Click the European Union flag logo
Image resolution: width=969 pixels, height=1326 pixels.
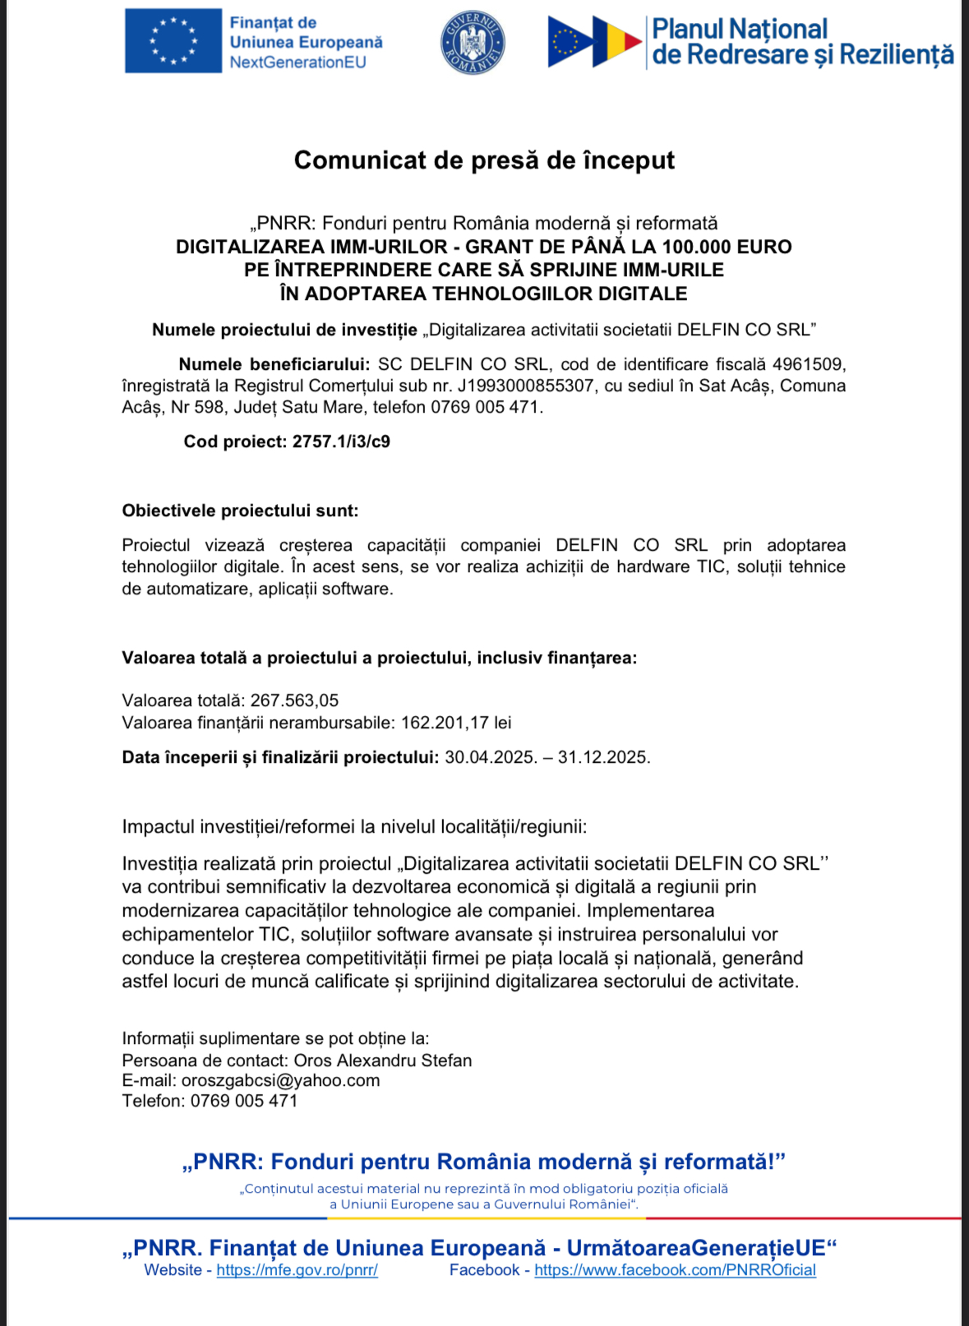point(173,41)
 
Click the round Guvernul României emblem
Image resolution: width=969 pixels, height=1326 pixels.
point(473,42)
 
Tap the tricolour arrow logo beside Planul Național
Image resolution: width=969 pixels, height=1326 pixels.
point(594,41)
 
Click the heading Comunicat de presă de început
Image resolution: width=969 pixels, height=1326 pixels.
point(484,159)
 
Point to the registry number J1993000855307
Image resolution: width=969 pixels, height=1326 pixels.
point(525,386)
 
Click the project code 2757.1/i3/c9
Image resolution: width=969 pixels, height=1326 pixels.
point(341,441)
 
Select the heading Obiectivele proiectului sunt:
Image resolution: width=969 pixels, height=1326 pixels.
point(240,511)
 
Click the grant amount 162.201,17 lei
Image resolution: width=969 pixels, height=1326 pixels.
point(456,723)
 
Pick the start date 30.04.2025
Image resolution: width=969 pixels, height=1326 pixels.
point(491,757)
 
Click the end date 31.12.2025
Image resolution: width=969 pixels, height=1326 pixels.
point(603,757)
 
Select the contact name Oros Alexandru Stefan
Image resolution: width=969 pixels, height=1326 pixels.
point(383,1060)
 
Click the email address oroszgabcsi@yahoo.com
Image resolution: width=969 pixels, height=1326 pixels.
point(280,1080)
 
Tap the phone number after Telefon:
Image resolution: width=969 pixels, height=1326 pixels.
point(244,1101)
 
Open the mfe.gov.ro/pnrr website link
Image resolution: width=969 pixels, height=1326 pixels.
point(297,1270)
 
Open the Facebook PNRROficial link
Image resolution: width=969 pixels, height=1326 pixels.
point(675,1270)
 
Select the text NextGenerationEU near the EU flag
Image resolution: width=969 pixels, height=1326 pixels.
point(298,62)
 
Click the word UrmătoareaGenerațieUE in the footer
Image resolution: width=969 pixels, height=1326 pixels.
point(695,1248)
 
